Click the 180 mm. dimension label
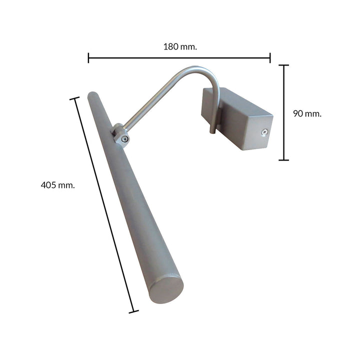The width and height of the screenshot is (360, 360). tap(180, 46)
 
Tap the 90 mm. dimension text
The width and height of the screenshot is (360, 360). tap(306, 113)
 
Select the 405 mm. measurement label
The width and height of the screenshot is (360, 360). tap(57, 185)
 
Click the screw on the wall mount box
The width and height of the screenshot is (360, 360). tap(263, 132)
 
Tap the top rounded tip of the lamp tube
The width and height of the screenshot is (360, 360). tap(92, 95)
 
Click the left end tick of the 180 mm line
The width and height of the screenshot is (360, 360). tap(88, 57)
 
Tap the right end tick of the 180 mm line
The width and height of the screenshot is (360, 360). tap(270, 57)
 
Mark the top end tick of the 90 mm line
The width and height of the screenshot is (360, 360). tap(284, 65)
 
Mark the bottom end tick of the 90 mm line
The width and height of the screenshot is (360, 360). tap(284, 160)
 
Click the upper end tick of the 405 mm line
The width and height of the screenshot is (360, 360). tap(74, 98)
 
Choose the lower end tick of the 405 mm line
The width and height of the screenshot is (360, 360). tap(133, 311)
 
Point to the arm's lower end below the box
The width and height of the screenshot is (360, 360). tap(212, 131)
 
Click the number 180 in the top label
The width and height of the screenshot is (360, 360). tap(171, 46)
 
